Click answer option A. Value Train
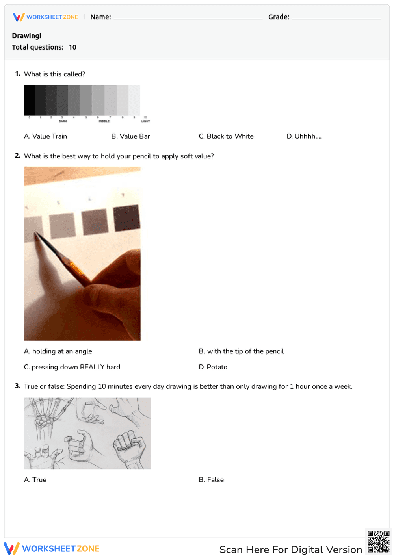click(45, 136)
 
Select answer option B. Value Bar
click(130, 136)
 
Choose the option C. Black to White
click(226, 136)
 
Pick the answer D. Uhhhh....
click(304, 136)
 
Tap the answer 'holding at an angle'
click(58, 351)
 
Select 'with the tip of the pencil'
click(241, 351)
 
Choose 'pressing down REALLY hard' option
click(72, 367)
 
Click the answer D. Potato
click(213, 367)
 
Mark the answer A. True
click(35, 480)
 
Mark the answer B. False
click(211, 480)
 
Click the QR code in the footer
click(378, 542)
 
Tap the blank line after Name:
click(188, 18)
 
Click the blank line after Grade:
click(336, 18)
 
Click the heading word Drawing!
click(26, 36)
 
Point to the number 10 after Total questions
click(72, 47)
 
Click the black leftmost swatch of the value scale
click(30, 100)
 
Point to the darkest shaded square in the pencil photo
click(126, 218)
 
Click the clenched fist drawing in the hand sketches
click(129, 447)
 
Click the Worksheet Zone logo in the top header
click(45, 17)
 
